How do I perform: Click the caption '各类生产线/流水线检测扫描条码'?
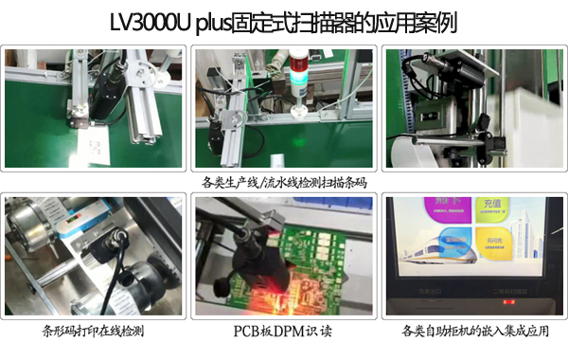click(x=284, y=182)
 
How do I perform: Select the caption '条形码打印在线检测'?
click(x=94, y=331)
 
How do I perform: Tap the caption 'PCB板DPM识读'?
click(x=284, y=331)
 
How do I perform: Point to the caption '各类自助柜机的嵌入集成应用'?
click(x=474, y=331)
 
